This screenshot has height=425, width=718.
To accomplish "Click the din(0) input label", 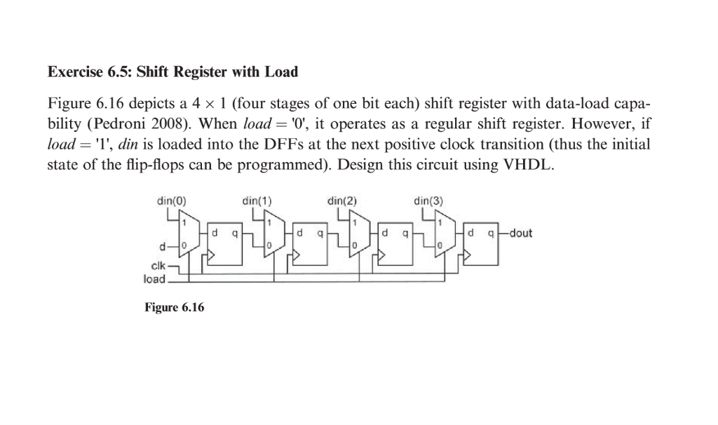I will (171, 201).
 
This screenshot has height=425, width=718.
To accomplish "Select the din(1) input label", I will (257, 201).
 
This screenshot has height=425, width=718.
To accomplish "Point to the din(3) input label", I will (428, 201).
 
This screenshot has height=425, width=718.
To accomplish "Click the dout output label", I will (520, 233).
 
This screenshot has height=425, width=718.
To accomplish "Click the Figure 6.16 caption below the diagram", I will (174, 308).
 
